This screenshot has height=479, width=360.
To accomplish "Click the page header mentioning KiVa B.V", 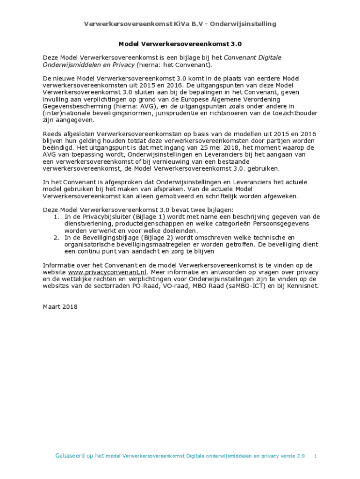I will (x=180, y=24).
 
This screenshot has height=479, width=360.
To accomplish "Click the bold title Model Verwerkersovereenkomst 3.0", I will (x=180, y=44).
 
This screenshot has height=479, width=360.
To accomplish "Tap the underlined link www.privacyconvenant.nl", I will (x=108, y=272).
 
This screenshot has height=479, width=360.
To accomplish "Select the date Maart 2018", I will (x=60, y=307).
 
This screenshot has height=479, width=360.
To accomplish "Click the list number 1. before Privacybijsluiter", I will (x=56, y=217).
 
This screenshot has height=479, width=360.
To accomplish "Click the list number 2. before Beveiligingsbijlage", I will (x=56, y=238).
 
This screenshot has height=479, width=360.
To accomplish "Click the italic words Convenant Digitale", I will (x=252, y=58).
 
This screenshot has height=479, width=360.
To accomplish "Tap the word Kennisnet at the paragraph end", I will (x=302, y=286).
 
